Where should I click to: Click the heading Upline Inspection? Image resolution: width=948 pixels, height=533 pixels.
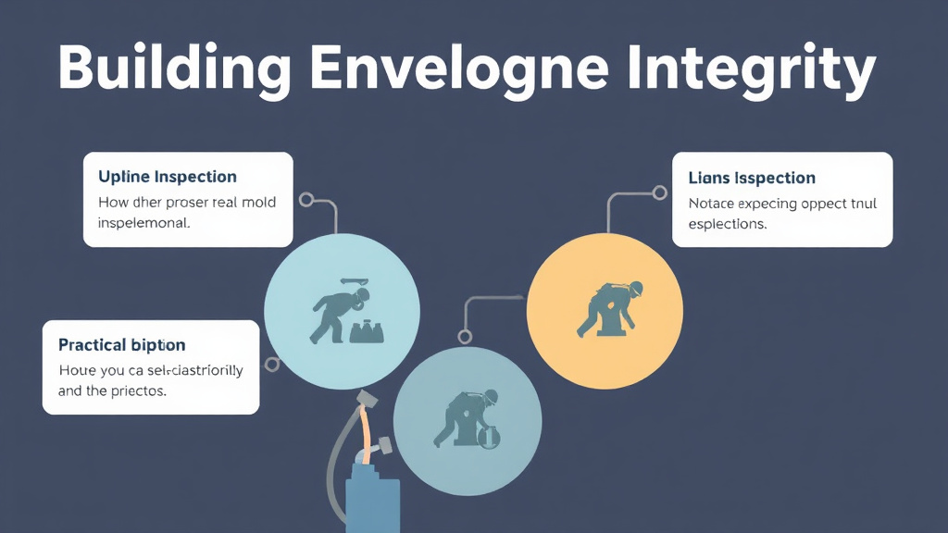(x=167, y=177)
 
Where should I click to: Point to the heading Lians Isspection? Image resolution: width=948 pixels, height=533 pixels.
(x=752, y=178)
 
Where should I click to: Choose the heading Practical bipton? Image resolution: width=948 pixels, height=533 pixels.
(x=121, y=345)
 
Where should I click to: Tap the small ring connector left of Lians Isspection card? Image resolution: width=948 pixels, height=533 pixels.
(x=659, y=193)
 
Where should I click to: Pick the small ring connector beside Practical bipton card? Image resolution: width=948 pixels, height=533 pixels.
(x=272, y=365)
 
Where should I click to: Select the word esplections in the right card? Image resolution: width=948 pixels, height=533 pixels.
(x=728, y=224)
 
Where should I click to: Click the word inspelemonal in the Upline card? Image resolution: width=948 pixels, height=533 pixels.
(x=143, y=223)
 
